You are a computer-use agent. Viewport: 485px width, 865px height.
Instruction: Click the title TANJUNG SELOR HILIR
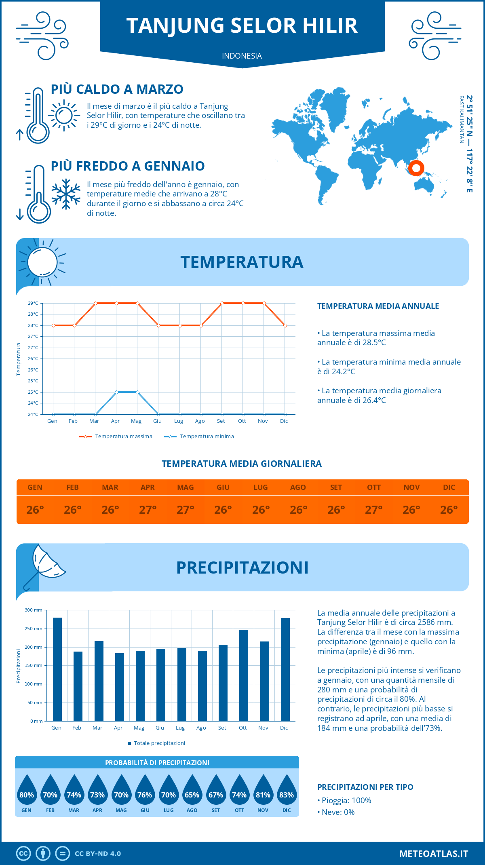(242, 25)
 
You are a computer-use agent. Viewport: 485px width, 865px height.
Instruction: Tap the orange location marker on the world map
(416, 168)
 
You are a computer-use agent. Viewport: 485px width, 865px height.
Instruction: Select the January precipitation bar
(57, 669)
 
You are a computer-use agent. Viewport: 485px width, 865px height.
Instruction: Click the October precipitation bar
(243, 675)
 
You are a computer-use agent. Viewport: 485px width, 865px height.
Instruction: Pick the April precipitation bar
(120, 687)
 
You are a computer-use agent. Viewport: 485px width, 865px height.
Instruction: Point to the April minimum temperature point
(116, 392)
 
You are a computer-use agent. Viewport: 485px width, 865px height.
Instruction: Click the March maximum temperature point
(95, 303)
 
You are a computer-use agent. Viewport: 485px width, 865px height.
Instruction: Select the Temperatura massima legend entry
(116, 437)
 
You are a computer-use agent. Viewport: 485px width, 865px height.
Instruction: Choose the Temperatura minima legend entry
(200, 437)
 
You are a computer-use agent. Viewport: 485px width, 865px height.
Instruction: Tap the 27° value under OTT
(373, 510)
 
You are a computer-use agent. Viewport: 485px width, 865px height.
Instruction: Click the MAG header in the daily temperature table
(185, 487)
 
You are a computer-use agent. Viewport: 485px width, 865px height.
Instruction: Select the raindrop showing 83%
(287, 795)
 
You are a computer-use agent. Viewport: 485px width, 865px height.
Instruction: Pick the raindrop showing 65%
(192, 795)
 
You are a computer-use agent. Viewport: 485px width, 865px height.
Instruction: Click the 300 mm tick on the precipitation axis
(34, 610)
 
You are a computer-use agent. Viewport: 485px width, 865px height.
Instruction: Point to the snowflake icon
(66, 194)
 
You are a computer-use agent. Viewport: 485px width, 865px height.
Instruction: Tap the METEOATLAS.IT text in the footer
(433, 854)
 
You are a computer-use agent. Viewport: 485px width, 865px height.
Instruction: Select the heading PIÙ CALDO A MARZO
(117, 89)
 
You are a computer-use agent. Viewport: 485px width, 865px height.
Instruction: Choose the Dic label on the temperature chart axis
(284, 421)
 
